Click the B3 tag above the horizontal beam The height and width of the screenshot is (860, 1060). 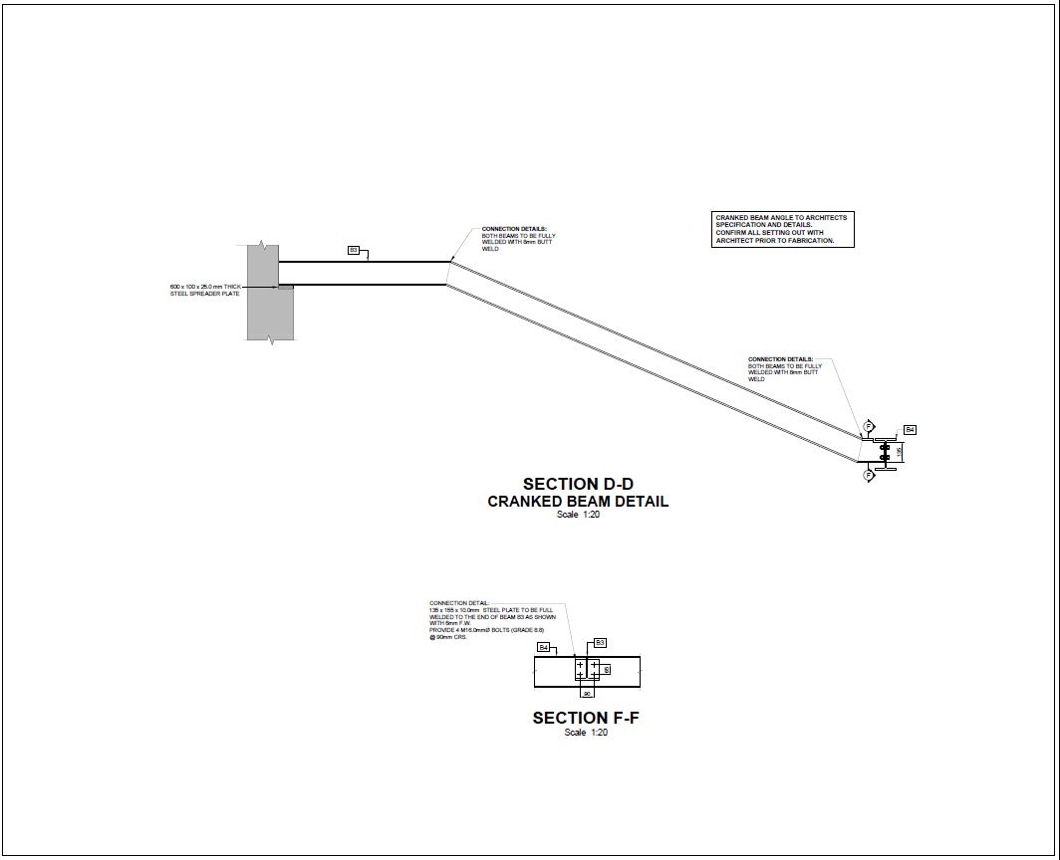(353, 250)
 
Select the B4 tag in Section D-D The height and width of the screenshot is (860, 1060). (910, 430)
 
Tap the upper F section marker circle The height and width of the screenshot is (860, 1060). (869, 426)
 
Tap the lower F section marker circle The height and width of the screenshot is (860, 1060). (869, 476)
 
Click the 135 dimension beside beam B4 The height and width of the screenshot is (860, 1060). (900, 451)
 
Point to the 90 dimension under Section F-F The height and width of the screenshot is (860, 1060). (587, 693)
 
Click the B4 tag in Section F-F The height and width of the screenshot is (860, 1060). (544, 647)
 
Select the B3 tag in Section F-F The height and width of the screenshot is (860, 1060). (600, 642)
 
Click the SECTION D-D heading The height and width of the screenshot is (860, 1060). (578, 485)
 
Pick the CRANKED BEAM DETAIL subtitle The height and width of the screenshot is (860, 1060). (578, 502)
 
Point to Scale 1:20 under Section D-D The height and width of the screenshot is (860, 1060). (578, 515)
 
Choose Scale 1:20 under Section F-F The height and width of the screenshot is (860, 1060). (586, 733)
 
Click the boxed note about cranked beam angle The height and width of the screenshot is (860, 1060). (783, 229)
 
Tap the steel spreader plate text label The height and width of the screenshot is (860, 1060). (205, 290)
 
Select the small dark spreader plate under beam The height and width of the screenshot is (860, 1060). (286, 288)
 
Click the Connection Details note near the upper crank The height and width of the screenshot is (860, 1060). (514, 239)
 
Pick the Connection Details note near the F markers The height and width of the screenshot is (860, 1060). (785, 368)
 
